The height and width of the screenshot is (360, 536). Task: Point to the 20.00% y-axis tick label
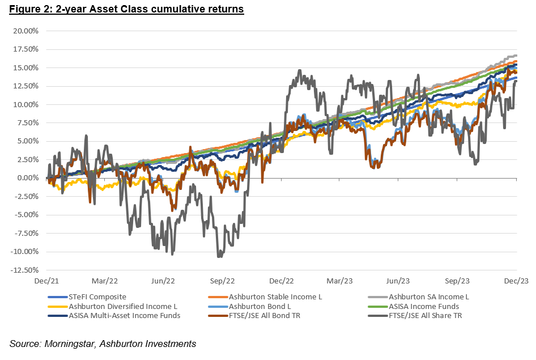click(26, 31)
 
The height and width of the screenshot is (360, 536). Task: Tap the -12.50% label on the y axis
click(24, 270)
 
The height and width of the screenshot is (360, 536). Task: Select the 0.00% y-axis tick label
click(28, 178)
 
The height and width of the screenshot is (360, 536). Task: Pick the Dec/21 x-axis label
click(46, 281)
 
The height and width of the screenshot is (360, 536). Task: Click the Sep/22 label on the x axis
click(222, 281)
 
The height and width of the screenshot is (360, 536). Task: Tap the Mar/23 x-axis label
click(339, 281)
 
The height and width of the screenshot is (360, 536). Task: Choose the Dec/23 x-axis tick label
click(516, 281)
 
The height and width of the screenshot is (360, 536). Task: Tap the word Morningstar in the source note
click(69, 344)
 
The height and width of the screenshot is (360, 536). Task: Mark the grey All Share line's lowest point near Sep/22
click(219, 257)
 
